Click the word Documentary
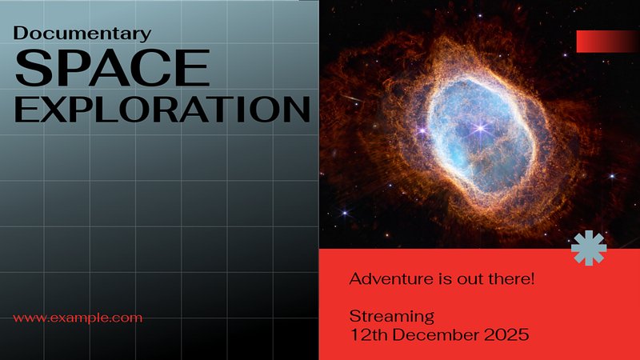[82, 34]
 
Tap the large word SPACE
[112, 67]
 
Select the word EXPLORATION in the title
[162, 110]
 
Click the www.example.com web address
[78, 318]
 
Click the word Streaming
[392, 317]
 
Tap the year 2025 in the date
[506, 334]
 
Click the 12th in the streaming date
[369, 334]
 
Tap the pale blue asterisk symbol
[589, 248]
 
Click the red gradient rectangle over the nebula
[608, 42]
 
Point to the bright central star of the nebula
[481, 128]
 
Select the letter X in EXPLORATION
[51, 110]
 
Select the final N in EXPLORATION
[297, 110]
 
